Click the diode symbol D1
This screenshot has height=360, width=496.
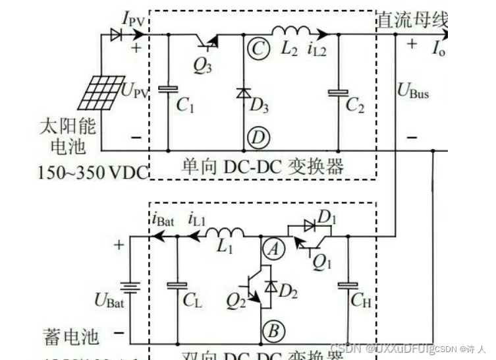click(309, 225)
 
